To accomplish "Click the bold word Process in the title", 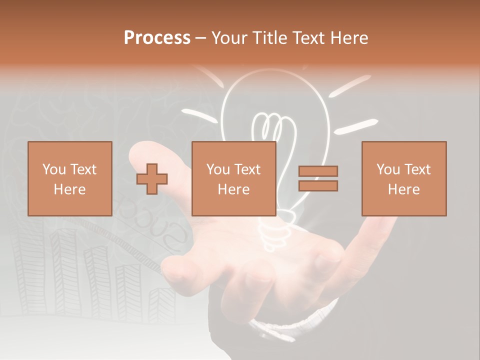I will point(157,38).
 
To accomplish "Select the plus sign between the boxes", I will point(152,179).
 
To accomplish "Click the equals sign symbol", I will point(318,178).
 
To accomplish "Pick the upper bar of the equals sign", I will point(318,171).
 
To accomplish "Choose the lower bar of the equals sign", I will point(318,185).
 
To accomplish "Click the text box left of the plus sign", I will point(69,178).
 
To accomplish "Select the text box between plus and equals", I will point(233,178).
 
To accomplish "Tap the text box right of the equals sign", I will point(403,178).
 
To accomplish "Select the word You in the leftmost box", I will point(53,169).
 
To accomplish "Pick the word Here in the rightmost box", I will point(403,189).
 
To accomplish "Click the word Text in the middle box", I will point(247,169).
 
